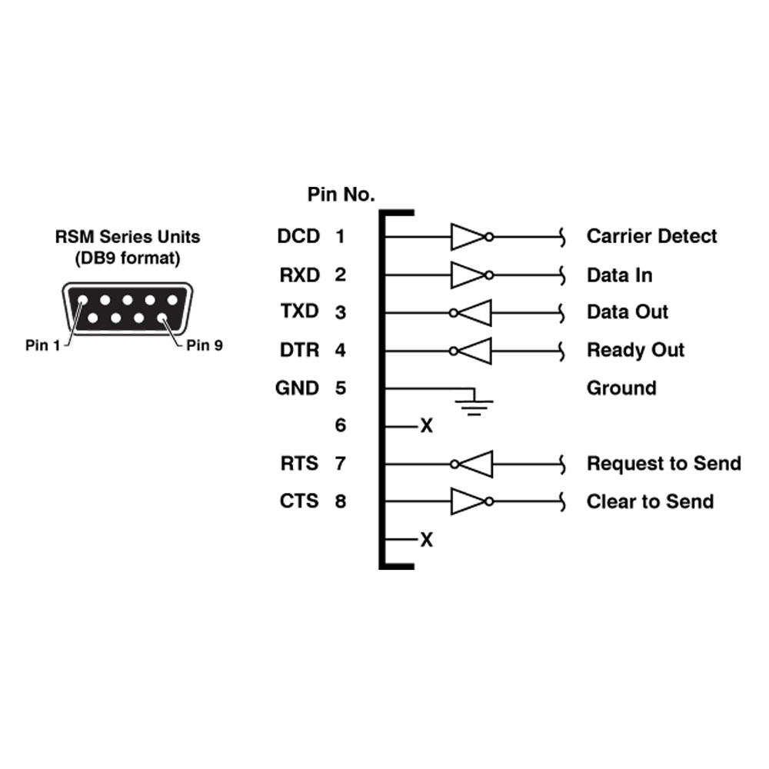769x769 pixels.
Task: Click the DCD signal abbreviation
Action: (x=298, y=236)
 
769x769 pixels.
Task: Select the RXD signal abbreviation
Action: (x=299, y=275)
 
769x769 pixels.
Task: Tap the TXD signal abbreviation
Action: (x=299, y=311)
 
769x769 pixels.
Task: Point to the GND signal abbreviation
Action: (x=297, y=388)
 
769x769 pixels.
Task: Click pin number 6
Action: (x=341, y=425)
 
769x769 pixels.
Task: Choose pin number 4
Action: (x=341, y=350)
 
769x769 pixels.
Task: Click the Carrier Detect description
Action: (x=652, y=236)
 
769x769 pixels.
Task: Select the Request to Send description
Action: (x=664, y=464)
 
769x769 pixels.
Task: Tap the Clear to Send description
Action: (x=651, y=501)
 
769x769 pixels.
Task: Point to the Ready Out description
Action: (x=636, y=351)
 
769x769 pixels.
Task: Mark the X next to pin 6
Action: (x=427, y=426)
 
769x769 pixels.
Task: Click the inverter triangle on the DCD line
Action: (x=468, y=238)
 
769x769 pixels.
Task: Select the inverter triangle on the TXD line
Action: (x=474, y=313)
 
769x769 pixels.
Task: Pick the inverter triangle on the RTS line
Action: (x=474, y=464)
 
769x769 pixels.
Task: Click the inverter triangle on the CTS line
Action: (x=468, y=501)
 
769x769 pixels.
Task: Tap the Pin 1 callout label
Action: (x=42, y=346)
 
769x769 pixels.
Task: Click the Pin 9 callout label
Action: (x=205, y=346)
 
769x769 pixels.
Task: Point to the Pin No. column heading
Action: (x=341, y=195)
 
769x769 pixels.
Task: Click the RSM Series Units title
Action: (x=128, y=237)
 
